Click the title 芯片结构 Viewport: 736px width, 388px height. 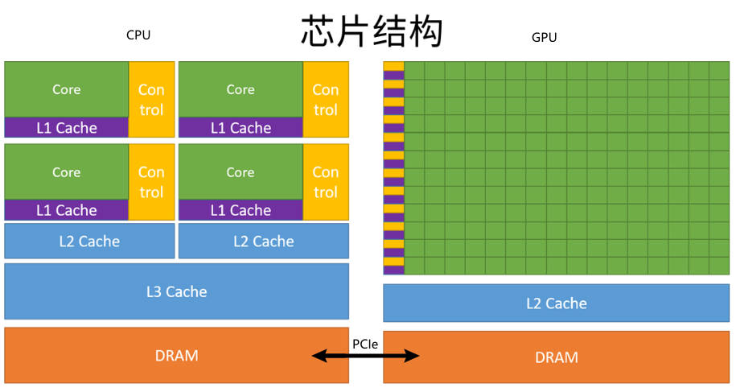(372, 32)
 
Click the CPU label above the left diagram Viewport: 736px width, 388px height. (138, 35)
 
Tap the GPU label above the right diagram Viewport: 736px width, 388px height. (544, 37)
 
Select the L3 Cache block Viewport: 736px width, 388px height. (176, 291)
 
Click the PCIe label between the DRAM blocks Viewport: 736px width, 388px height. (366, 344)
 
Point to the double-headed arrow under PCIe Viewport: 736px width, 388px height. (366, 356)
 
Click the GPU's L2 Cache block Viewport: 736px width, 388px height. (556, 303)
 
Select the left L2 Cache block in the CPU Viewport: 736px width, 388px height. (89, 241)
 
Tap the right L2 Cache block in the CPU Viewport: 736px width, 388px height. (263, 241)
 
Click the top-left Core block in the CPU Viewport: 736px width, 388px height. (66, 89)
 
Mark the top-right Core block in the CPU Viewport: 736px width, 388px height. (241, 89)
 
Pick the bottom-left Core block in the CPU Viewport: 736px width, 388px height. (66, 171)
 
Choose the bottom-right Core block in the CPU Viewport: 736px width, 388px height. (241, 171)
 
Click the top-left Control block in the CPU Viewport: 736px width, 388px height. (151, 99)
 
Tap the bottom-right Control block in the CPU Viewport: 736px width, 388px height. (326, 182)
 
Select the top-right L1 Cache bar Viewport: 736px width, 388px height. (241, 127)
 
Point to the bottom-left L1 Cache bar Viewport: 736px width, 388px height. (66, 210)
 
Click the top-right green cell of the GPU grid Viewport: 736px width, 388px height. (719, 71)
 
